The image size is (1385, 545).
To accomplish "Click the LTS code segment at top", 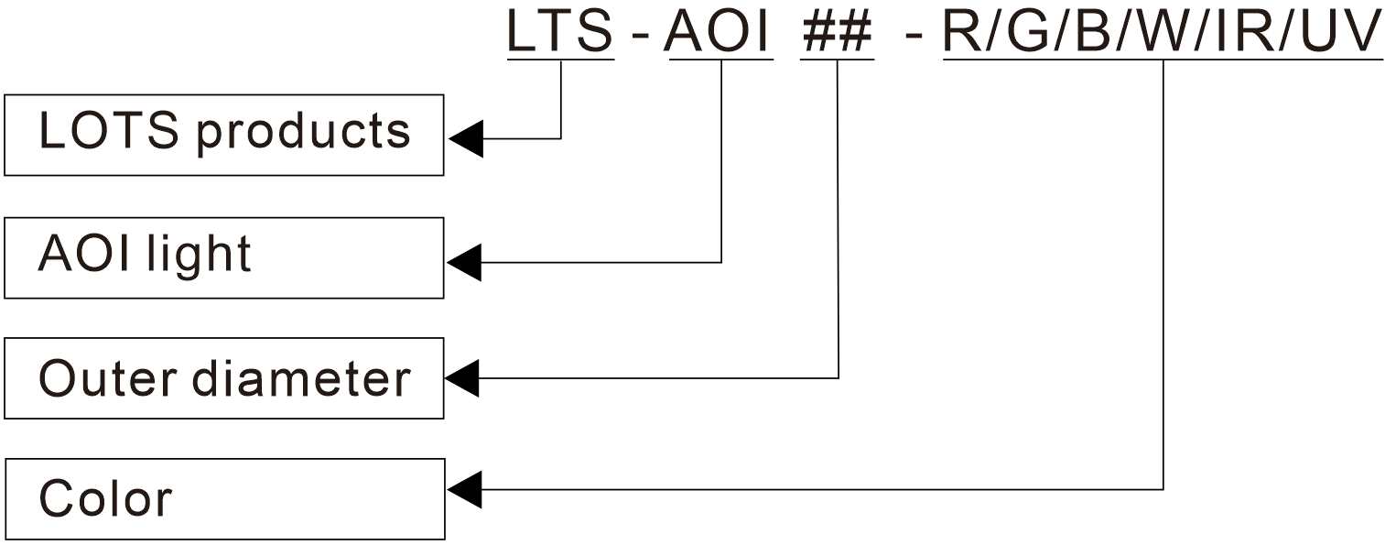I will pyautogui.click(x=560, y=32).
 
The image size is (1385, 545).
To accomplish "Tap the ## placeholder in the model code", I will pyautogui.click(x=837, y=32).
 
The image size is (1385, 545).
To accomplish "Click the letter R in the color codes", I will pyautogui.click(x=961, y=32).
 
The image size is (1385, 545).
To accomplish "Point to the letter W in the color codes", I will pyautogui.click(x=1163, y=32).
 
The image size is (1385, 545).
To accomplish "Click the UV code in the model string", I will pyautogui.click(x=1340, y=32).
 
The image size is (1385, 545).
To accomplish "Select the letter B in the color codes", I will pyautogui.click(x=1093, y=32).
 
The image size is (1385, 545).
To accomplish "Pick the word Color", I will pyautogui.click(x=105, y=499).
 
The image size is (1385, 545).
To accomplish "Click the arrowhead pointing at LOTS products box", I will pyautogui.click(x=465, y=139).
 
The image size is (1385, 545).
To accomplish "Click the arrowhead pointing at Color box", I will pyautogui.click(x=465, y=489).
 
